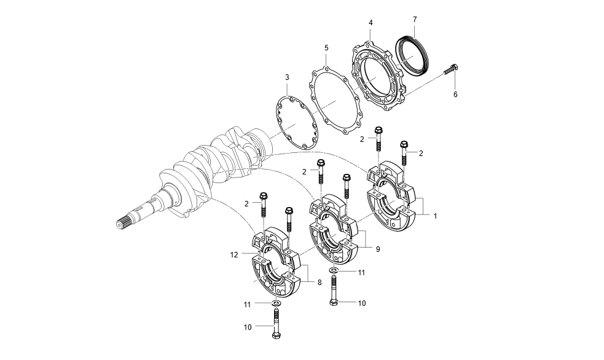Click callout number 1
[435, 216]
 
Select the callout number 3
[287, 77]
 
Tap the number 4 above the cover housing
[371, 23]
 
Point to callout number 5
[326, 47]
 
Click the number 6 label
[455, 95]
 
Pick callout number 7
[415, 19]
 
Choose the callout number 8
[320, 282]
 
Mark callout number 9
[378, 249]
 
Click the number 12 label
[233, 254]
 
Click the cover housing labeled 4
[378, 77]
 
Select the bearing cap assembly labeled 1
[396, 197]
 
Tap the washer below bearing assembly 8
[276, 303]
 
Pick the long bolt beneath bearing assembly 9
[334, 291]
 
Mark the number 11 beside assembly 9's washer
[362, 272]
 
